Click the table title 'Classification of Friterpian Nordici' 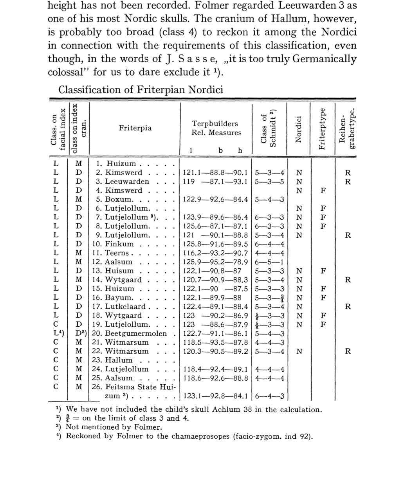pyautogui.click(x=141, y=90)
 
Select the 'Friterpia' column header pyautogui.click(x=135, y=128)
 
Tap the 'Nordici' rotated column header pyautogui.click(x=299, y=129)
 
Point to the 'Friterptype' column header pyautogui.click(x=322, y=129)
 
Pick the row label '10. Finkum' pyautogui.click(x=113, y=244)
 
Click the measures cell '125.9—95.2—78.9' pyautogui.click(x=215, y=262)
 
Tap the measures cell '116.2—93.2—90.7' pyautogui.click(x=215, y=253)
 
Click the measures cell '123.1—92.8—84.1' pyautogui.click(x=215, y=396)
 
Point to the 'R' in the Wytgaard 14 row pyautogui.click(x=348, y=280)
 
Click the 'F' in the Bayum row pyautogui.click(x=323, y=298)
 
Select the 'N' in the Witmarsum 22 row pyautogui.click(x=299, y=351)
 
